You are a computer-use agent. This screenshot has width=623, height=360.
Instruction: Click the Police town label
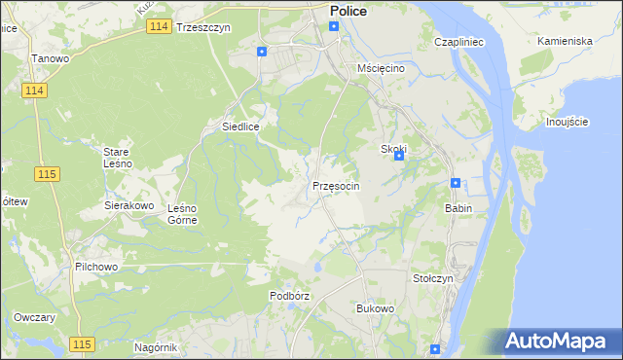[348, 11]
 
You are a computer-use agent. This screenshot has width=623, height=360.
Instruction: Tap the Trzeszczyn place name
[203, 28]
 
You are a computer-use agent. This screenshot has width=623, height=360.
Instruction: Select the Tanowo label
[50, 59]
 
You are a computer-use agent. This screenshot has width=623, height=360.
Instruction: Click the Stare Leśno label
[124, 158]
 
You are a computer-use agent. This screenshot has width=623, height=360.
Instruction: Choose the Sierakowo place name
[129, 206]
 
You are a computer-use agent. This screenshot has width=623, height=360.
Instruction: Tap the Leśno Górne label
[183, 213]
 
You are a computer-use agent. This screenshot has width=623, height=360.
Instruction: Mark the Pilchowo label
[95, 266]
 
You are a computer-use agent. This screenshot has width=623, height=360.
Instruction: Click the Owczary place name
[34, 318]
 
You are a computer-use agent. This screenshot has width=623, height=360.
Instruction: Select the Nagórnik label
[156, 347]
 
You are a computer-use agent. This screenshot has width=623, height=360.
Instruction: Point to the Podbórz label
[289, 295]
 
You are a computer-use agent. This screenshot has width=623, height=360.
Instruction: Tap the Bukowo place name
[375, 308]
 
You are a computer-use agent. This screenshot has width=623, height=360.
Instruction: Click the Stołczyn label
[432, 278]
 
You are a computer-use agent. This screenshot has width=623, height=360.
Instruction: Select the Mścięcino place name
[381, 69]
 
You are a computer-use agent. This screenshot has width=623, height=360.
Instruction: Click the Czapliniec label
[459, 44]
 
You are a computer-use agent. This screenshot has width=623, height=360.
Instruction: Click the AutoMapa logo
[559, 342]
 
